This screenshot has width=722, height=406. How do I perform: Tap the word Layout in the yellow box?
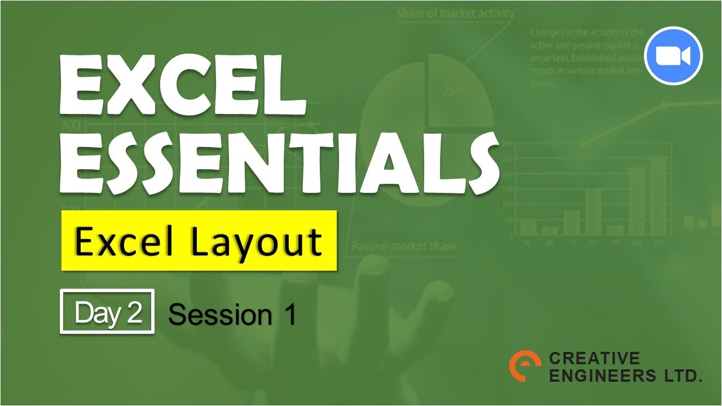point(256,241)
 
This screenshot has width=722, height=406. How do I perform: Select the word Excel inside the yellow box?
point(122,241)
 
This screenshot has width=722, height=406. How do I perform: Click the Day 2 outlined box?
point(107,311)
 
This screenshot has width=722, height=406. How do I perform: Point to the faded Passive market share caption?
point(404,246)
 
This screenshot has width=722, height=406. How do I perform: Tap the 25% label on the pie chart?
point(451,90)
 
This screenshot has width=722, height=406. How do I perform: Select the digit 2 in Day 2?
point(134,312)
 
